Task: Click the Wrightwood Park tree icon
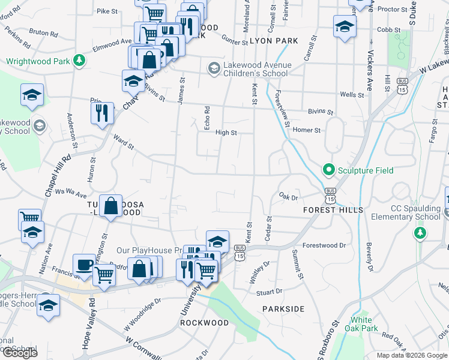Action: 79,61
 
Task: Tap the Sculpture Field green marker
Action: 328,171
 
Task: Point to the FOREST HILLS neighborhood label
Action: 333,210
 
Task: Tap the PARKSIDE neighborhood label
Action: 283,308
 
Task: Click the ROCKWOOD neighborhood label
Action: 205,323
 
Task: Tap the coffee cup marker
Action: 84,265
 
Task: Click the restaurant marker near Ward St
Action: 102,112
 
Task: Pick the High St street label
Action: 226,133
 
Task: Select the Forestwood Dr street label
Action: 324,245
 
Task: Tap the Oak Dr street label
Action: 289,196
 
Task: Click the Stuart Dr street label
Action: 269,292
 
